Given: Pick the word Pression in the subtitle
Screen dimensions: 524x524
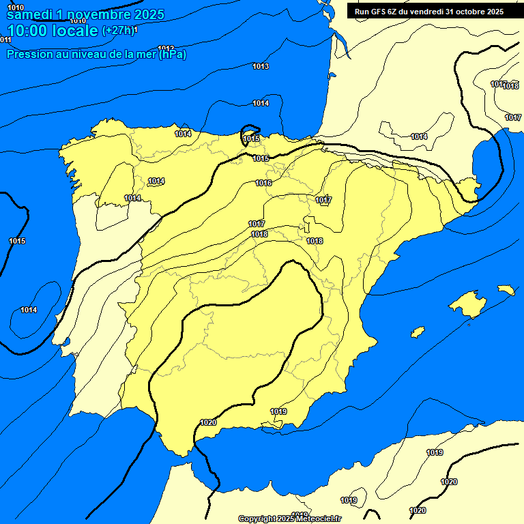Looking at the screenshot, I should click(27, 54).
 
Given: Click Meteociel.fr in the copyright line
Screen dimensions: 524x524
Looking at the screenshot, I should click(318, 519).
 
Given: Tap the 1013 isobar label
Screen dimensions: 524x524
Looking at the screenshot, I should click(261, 66).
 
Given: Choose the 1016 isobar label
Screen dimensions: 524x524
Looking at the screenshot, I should click(264, 183).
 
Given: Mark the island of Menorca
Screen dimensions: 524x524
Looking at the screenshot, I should click(506, 290).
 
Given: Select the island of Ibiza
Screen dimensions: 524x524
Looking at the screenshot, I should click(418, 332).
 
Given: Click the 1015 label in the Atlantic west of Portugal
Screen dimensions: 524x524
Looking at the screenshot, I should click(17, 241).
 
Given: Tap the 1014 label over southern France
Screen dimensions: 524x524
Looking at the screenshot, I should click(419, 136).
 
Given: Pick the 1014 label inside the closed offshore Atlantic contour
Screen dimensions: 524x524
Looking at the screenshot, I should click(29, 310).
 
